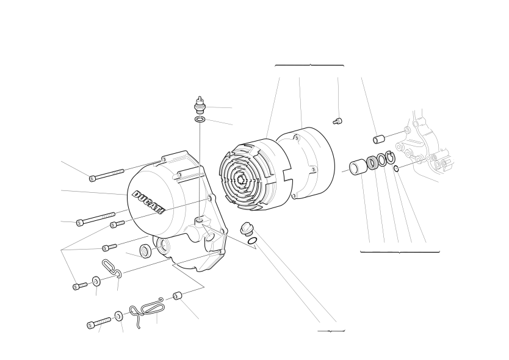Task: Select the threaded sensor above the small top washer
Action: pos(200,104)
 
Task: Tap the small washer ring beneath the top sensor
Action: pos(200,120)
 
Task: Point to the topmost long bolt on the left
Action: pos(106,175)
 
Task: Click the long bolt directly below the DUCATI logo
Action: pos(96,219)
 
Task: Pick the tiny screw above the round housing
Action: pos(338,121)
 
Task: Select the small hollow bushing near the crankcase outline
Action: pos(378,139)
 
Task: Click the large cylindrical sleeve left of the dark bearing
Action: pos(358,166)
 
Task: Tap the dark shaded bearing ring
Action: pos(372,163)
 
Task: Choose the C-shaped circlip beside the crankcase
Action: pos(391,157)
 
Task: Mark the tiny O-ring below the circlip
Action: pos(396,168)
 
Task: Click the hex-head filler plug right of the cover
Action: pos(246,229)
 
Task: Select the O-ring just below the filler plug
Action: pos(253,241)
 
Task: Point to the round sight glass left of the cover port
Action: pos(145,251)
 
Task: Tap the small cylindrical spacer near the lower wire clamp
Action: pos(177,296)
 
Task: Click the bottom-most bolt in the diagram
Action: pos(99,323)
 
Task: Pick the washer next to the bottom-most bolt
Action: pos(118,316)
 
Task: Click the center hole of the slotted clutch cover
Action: pos(242,180)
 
